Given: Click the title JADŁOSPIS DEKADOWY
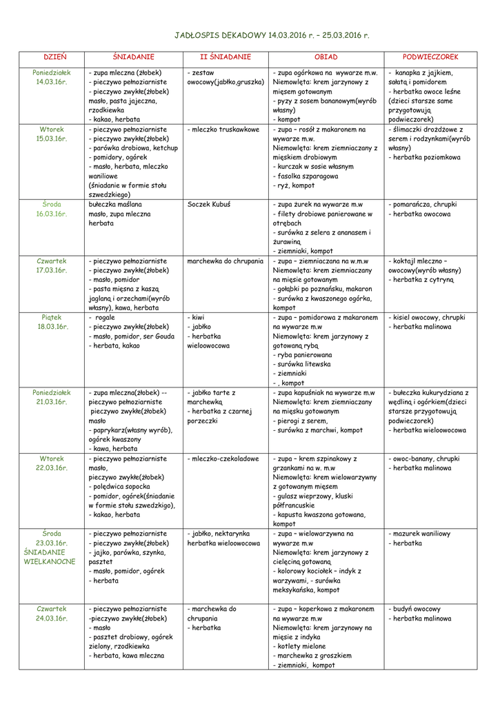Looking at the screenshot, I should tap(219, 34).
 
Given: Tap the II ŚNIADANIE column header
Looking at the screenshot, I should tap(226, 57).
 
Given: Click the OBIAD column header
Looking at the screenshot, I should tap(326, 57).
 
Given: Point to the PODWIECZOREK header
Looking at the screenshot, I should tap(431, 57).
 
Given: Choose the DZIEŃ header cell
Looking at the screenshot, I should tap(52, 57).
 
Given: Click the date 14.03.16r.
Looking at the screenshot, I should tap(52, 82).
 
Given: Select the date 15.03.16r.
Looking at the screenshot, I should tap(52, 139).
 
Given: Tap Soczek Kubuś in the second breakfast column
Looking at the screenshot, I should tap(209, 205).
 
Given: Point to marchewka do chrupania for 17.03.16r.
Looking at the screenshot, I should tap(226, 261).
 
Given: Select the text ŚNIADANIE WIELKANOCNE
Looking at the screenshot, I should tap(50, 557).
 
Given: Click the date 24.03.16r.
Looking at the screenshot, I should tap(52, 618).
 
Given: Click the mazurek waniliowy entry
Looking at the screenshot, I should tap(421, 534).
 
